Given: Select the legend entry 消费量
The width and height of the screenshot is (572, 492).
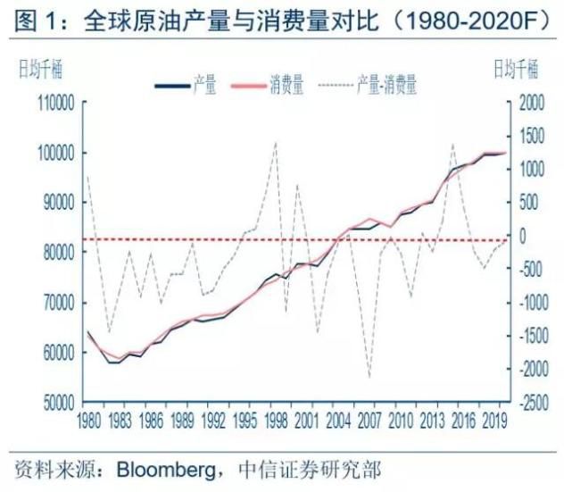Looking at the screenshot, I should (x=286, y=86).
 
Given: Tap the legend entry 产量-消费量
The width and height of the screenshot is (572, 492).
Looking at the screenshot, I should (x=386, y=86).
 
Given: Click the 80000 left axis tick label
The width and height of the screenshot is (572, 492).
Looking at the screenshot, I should (x=57, y=253).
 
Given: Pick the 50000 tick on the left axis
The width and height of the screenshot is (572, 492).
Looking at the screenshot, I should (x=57, y=402).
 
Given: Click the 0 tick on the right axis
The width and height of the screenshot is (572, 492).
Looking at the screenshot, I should (x=518, y=236).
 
